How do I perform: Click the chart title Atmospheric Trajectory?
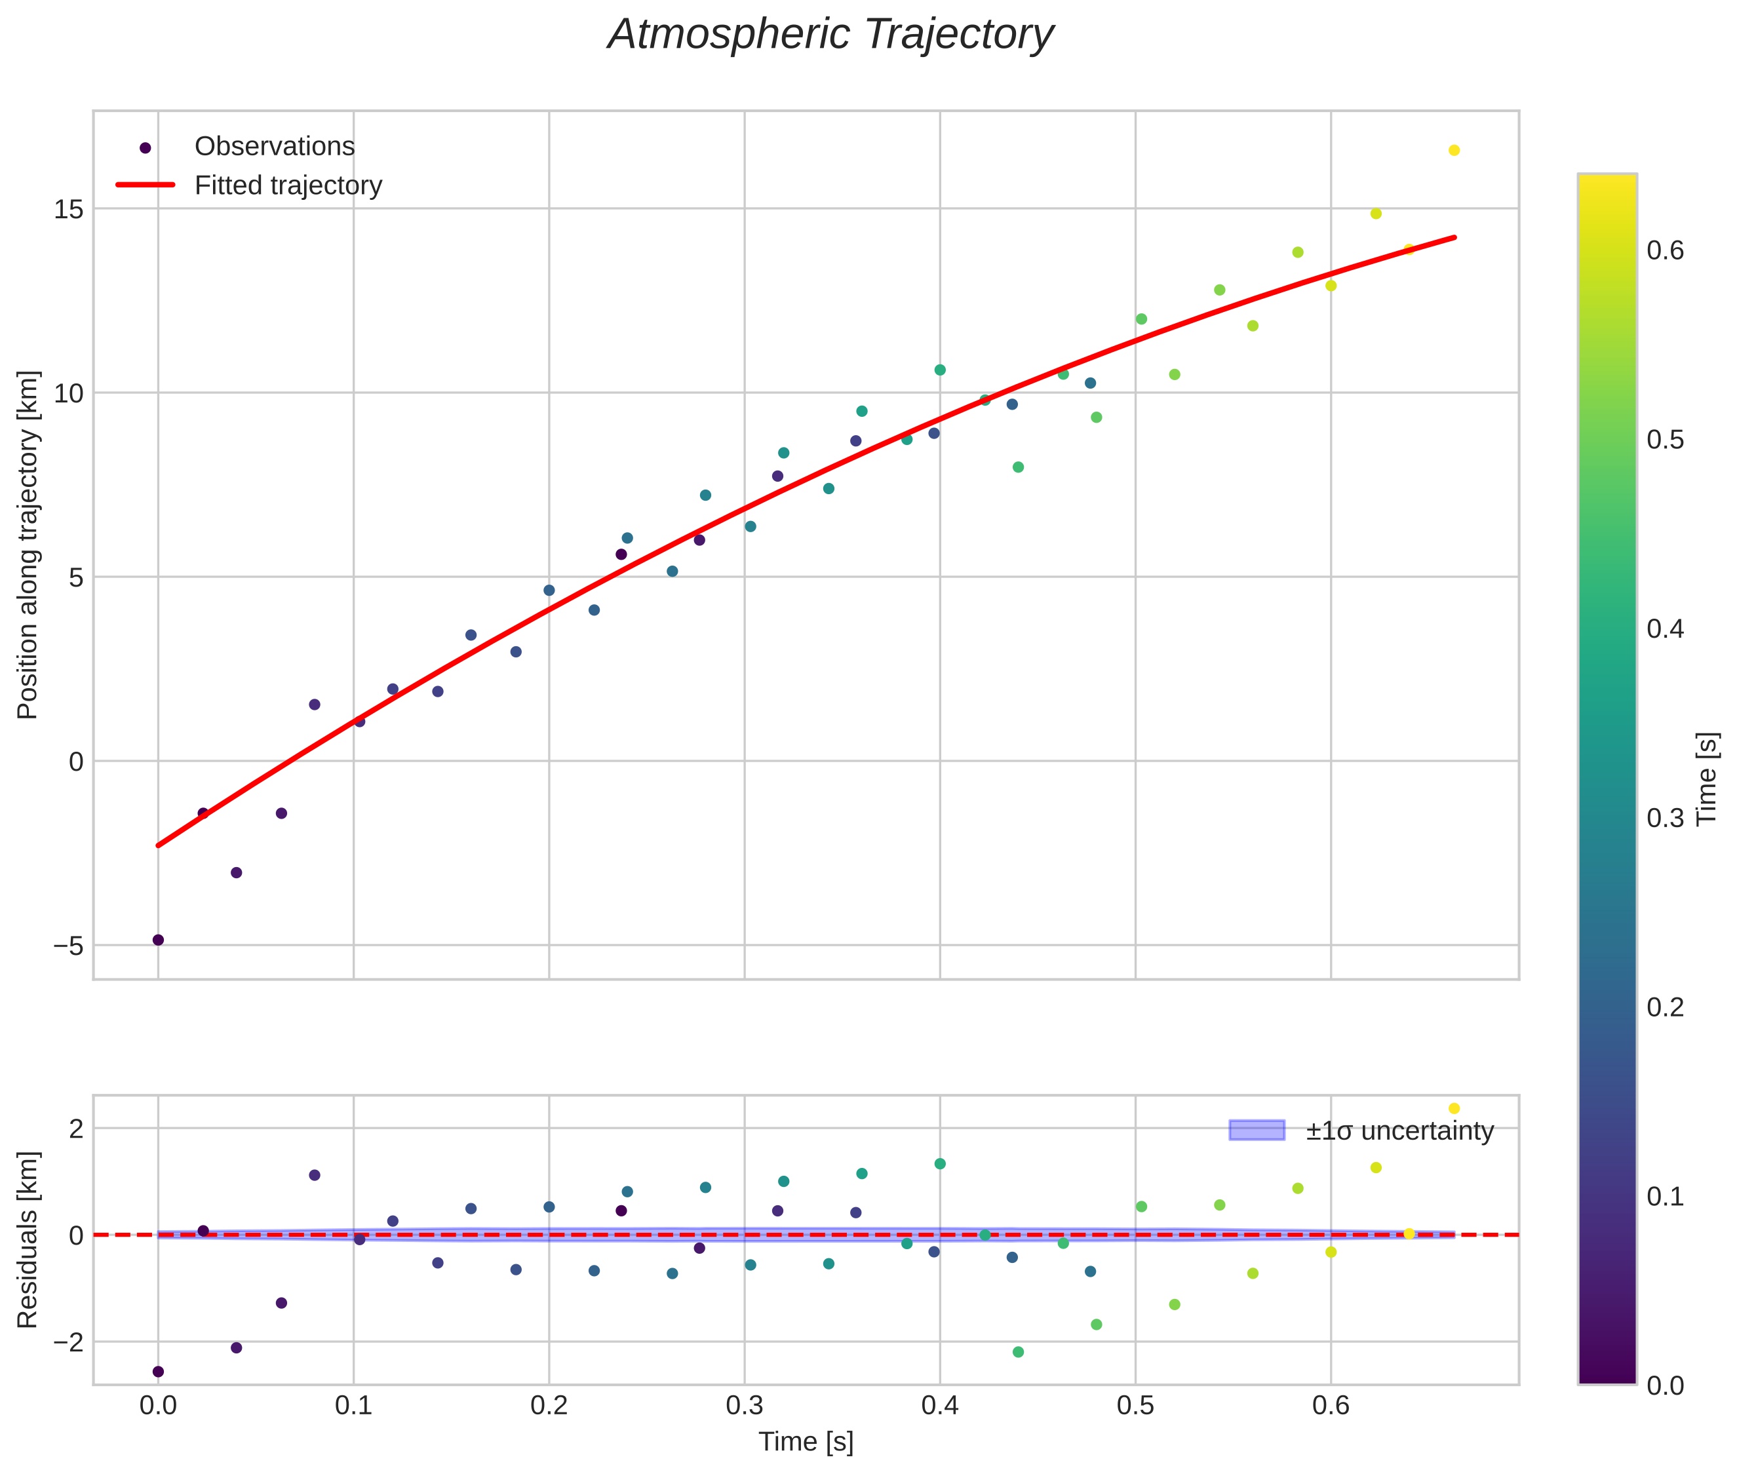click(x=830, y=35)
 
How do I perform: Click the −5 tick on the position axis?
click(x=68, y=946)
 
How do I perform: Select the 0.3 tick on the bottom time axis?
click(x=744, y=1406)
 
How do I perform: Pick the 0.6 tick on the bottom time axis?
click(x=1331, y=1406)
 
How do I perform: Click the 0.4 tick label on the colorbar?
click(x=1665, y=629)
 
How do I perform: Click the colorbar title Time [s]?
click(x=1708, y=779)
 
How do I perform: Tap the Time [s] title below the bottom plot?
click(x=806, y=1442)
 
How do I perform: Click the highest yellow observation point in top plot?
click(x=1454, y=150)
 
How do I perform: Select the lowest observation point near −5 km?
click(x=158, y=940)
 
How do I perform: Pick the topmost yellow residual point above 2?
click(x=1454, y=1108)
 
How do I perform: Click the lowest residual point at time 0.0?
click(x=158, y=1371)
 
